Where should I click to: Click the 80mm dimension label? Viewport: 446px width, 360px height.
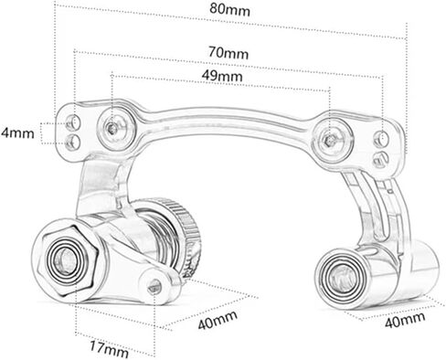pos(229,9)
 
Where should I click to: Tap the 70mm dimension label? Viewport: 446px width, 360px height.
pos(228,52)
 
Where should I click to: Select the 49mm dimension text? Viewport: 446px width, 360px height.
pos(222,75)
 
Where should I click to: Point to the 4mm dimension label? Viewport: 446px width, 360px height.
pos(17,132)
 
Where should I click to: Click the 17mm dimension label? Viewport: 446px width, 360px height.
pos(109,349)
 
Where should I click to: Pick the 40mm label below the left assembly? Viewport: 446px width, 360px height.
pos(218,320)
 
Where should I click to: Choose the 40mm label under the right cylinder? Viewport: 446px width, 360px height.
pos(405,320)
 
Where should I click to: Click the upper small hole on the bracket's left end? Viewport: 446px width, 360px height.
pos(73,122)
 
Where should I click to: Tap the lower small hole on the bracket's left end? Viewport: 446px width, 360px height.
pos(73,143)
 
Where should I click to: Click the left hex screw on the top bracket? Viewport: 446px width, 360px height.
pos(113,129)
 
